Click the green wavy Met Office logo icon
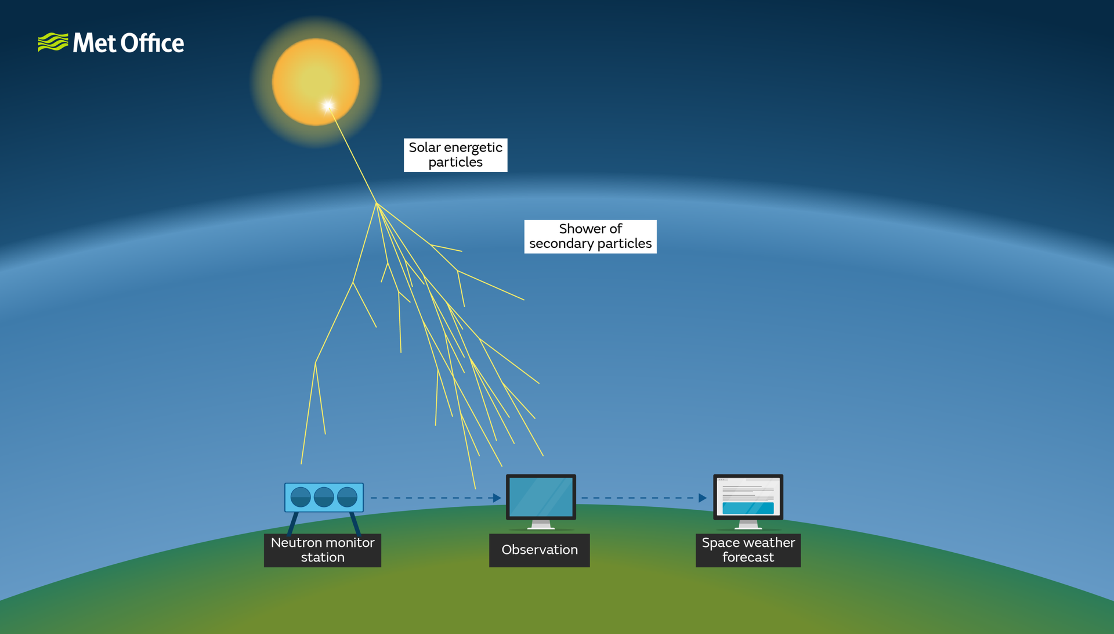(x=53, y=42)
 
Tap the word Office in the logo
(x=153, y=43)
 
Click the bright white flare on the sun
(x=328, y=105)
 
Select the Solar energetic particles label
(x=455, y=155)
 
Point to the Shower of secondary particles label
(x=590, y=236)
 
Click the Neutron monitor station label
(x=323, y=550)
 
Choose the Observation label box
(x=539, y=550)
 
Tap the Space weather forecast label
(x=748, y=550)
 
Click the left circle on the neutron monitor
(x=301, y=497)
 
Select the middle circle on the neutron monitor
(x=324, y=497)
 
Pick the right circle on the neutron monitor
(x=347, y=497)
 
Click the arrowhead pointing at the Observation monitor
(x=497, y=498)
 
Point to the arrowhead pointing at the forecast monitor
(x=703, y=498)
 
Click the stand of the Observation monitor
(x=541, y=524)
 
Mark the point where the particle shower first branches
(x=377, y=203)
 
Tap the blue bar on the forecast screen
(x=748, y=508)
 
